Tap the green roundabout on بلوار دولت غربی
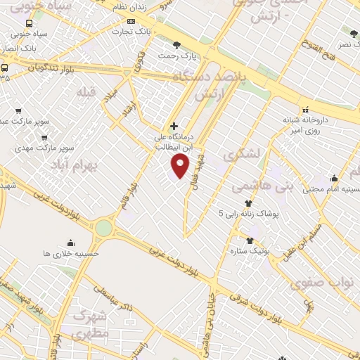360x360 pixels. [104, 228]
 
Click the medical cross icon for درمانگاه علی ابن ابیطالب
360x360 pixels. [174, 126]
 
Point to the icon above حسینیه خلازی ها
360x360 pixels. [70, 243]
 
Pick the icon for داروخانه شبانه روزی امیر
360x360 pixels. [305, 110]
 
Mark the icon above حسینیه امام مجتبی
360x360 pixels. [333, 179]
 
